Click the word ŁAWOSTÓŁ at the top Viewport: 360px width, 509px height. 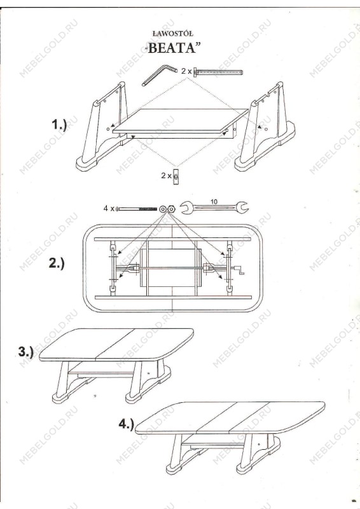click(x=173, y=34)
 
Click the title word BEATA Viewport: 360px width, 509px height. click(x=172, y=48)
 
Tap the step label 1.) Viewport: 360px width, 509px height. click(x=59, y=125)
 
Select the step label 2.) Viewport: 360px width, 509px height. click(x=57, y=263)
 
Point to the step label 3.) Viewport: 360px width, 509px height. click(x=26, y=352)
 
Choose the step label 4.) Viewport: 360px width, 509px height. click(x=127, y=424)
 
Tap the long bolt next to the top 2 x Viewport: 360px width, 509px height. click(x=218, y=72)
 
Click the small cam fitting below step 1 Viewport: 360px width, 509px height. click(x=176, y=176)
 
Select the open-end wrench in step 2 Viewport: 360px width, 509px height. click(x=214, y=208)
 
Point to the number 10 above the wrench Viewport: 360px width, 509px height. click(x=214, y=202)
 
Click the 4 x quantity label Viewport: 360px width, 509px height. click(x=109, y=209)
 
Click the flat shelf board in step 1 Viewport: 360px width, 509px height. click(x=180, y=122)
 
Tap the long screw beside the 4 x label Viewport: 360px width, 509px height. click(x=136, y=209)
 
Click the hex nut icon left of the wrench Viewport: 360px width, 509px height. click(x=171, y=209)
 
